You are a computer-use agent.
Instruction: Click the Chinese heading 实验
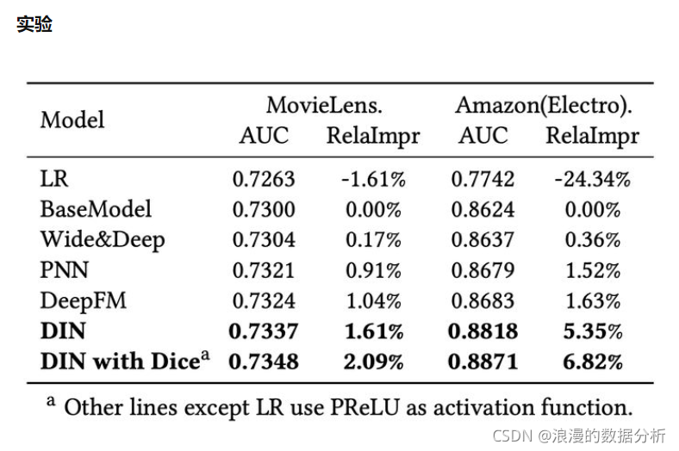(34, 24)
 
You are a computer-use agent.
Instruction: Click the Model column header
(72, 120)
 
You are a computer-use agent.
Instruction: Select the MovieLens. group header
(324, 105)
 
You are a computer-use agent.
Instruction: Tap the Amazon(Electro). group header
(544, 106)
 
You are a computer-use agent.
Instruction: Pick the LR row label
(54, 178)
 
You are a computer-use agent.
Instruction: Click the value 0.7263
(264, 179)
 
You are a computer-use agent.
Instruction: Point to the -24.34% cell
(592, 179)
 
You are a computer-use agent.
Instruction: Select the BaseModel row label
(96, 209)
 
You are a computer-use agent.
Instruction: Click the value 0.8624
(483, 210)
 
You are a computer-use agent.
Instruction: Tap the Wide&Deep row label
(103, 240)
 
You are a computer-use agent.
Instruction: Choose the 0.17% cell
(373, 240)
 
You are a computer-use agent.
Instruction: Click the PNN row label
(64, 270)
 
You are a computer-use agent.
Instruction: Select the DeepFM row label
(83, 301)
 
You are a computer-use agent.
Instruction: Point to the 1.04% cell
(374, 301)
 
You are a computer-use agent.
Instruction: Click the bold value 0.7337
(264, 331)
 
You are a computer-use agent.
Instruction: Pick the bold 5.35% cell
(593, 331)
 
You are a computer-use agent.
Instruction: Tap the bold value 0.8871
(483, 362)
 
